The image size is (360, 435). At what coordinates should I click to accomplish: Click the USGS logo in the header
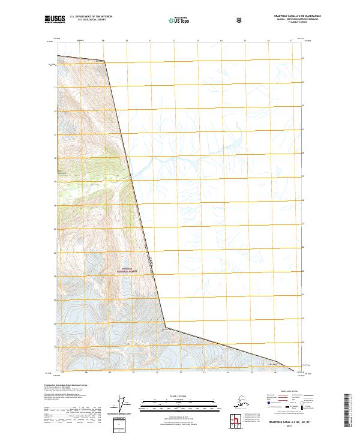pos(55,19)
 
